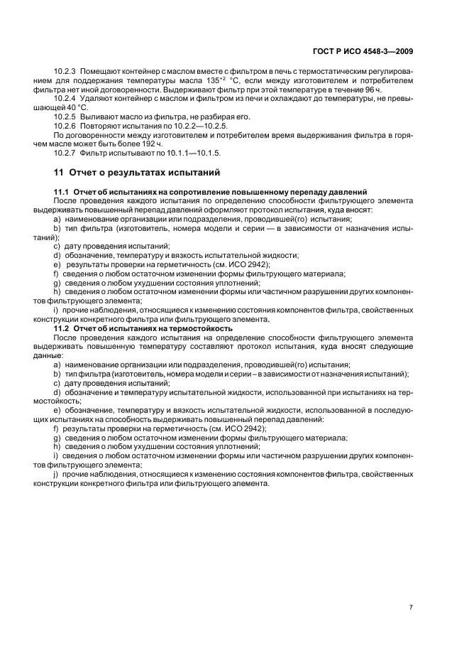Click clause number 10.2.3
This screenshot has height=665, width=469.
(65, 72)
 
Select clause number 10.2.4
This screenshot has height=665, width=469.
(65, 100)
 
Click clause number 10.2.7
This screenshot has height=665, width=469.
(65, 153)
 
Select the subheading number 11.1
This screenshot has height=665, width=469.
(60, 193)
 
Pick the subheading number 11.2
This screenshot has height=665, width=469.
(60, 329)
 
